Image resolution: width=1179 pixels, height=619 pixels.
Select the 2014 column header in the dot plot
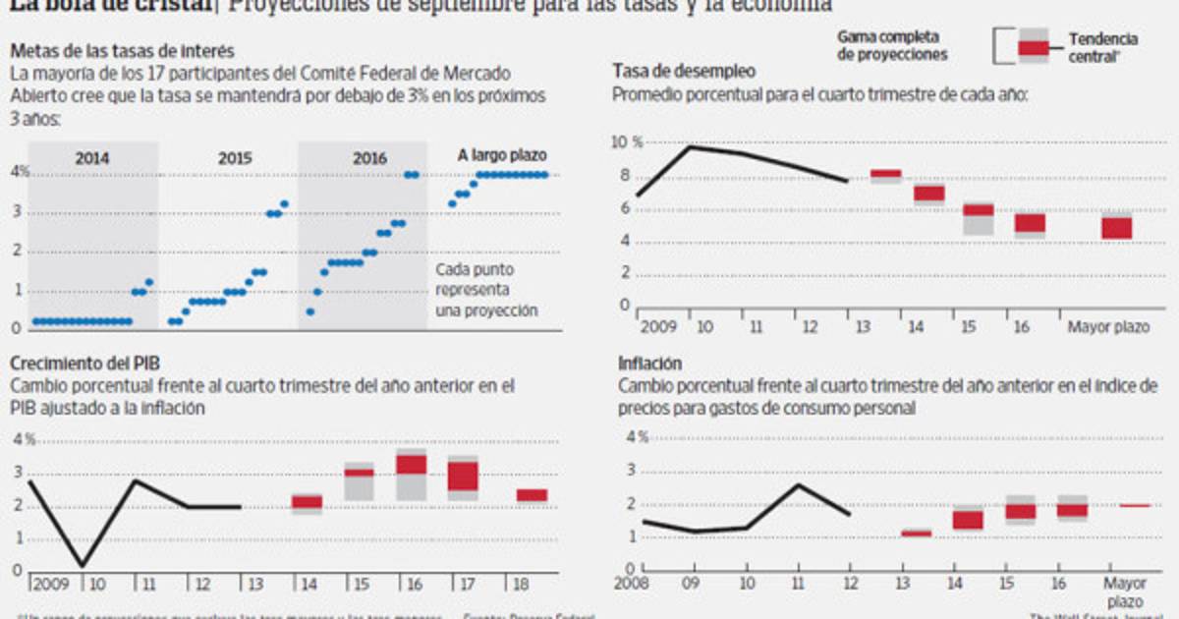coord(92,157)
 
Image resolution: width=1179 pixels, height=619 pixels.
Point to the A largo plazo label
coord(502,155)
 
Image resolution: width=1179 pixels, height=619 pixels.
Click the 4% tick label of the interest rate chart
coord(20,173)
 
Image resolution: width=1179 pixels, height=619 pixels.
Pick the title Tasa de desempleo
coord(684,71)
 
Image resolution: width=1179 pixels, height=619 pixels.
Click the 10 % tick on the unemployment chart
coord(628,142)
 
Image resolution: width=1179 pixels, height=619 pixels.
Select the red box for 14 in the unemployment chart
coord(928,193)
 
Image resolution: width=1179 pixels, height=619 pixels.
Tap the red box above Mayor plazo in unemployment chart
coord(1116,228)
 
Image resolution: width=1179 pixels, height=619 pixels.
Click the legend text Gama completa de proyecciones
coord(892,45)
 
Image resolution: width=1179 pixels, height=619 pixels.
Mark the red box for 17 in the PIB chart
coord(463,477)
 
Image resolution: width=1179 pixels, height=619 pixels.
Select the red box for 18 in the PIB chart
coord(532,495)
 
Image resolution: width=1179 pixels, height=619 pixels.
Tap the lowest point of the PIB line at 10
coord(83,565)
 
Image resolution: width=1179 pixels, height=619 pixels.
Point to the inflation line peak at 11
coord(799,484)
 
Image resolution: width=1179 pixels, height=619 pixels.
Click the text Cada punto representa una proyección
coord(486,290)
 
